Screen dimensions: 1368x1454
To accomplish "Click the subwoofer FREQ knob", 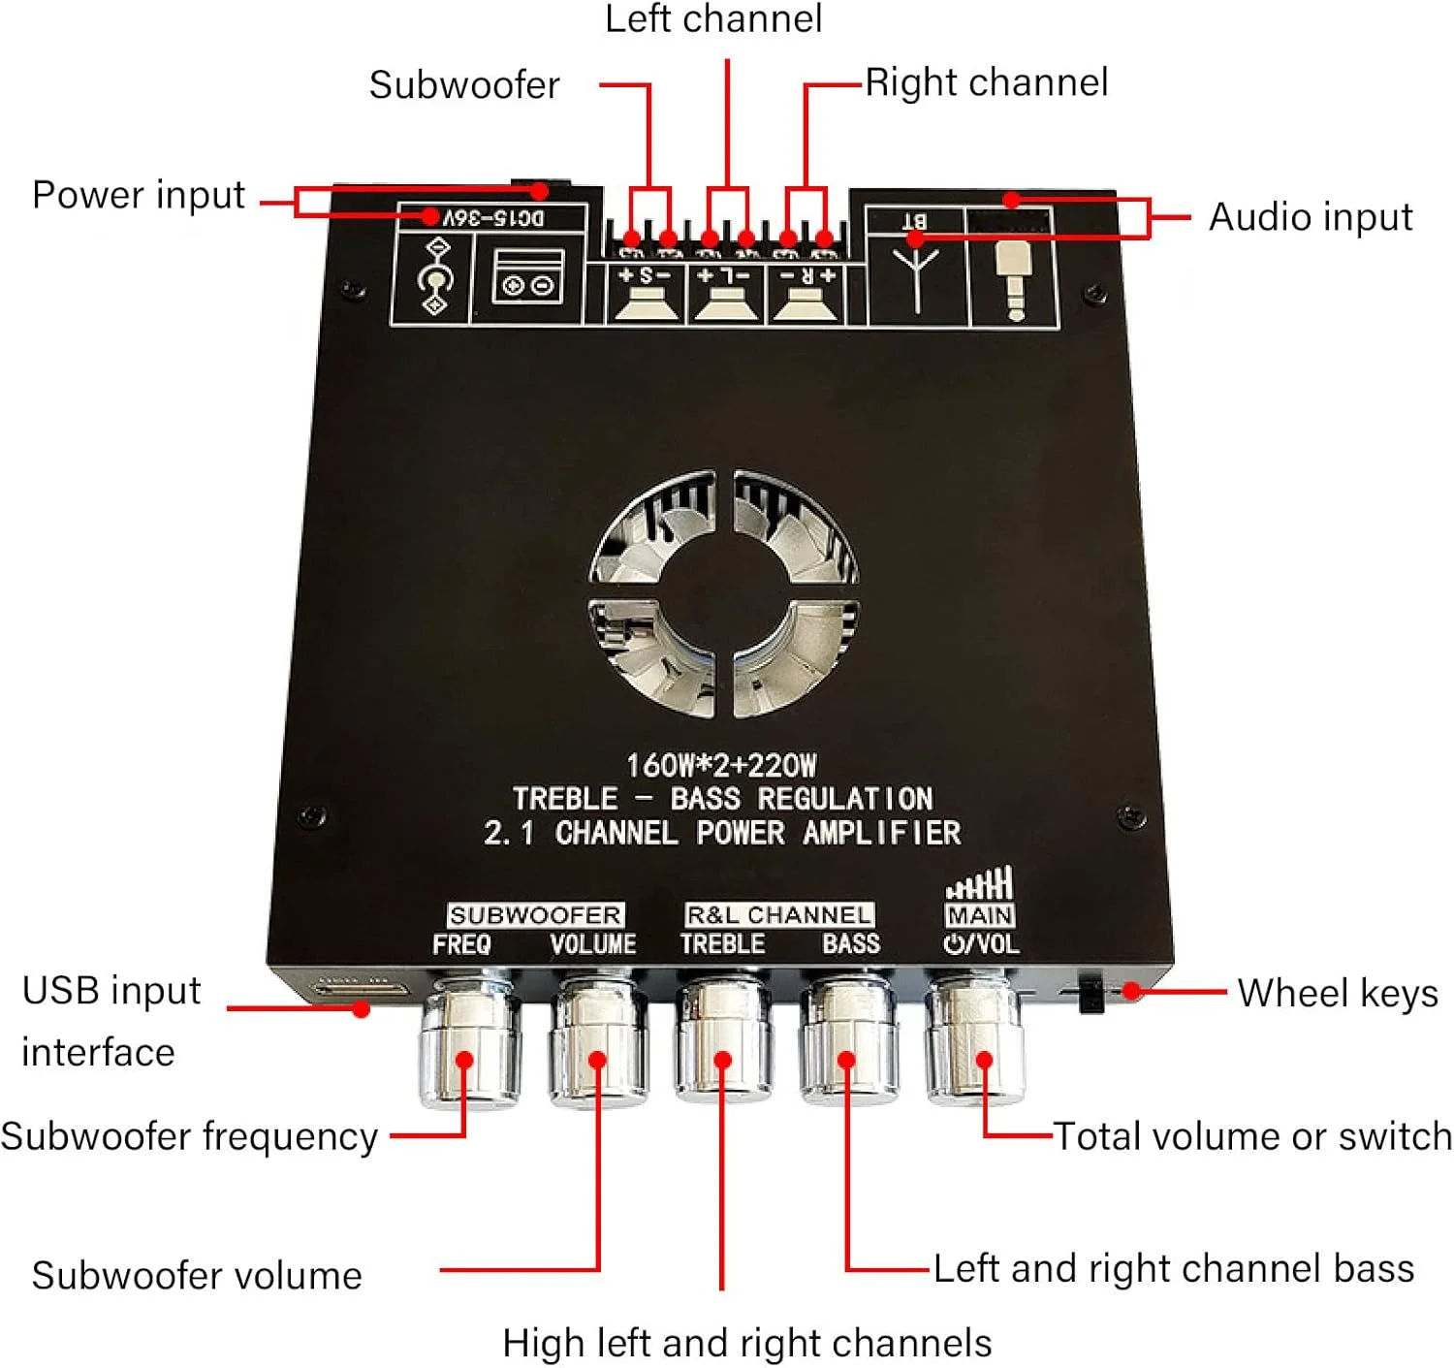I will pos(469,1042).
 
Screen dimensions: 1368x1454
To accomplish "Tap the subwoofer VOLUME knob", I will pos(595,1042).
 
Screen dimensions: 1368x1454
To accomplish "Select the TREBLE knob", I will pos(723,1042).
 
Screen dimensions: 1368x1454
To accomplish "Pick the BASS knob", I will pos(847,1042).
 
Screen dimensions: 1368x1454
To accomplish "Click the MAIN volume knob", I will pos(973,1042).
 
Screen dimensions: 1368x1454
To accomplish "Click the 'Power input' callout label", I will pos(139,195).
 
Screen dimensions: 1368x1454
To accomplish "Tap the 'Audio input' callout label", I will pos(1311,217).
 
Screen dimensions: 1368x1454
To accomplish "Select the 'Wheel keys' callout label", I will pos(1338,994).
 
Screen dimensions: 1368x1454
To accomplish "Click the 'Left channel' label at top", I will pos(713,19).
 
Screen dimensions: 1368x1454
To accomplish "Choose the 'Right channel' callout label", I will pos(987,82).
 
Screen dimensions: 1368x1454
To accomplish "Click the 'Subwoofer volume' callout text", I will pos(197,1276).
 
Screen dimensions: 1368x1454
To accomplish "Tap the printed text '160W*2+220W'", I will pos(721,766).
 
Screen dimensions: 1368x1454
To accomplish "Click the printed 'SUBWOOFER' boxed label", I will pos(535,915).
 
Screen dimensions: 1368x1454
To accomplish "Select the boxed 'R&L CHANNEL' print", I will pos(779,915).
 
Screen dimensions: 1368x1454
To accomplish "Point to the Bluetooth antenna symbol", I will pos(916,276).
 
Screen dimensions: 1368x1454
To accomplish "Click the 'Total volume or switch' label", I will pos(1252,1136).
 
